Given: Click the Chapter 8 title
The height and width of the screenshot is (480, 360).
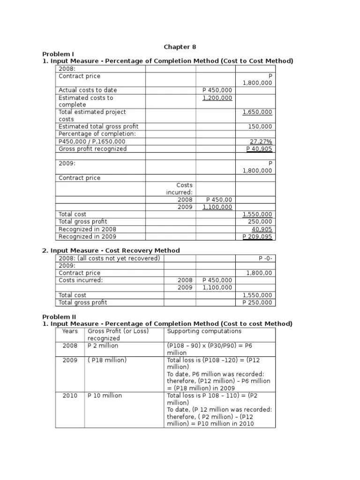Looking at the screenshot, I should click(x=180, y=46).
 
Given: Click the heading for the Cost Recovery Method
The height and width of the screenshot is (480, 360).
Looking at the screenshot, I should click(x=111, y=250).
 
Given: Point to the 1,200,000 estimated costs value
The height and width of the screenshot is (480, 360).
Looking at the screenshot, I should click(x=217, y=98).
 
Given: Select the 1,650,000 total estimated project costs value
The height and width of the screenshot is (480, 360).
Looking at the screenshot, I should click(x=257, y=112).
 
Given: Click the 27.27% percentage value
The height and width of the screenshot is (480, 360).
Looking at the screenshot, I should click(x=261, y=141).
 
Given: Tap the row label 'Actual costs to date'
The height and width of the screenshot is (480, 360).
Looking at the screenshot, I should click(x=88, y=90).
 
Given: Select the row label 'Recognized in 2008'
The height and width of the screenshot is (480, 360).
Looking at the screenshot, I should click(x=87, y=229).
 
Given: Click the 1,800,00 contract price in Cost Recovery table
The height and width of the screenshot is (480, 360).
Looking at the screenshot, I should click(x=259, y=273).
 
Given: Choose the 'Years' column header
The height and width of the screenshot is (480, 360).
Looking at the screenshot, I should click(x=70, y=331).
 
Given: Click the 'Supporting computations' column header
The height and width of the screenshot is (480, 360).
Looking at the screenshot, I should click(x=204, y=331).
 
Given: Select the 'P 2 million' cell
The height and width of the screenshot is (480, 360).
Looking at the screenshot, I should click(x=103, y=345).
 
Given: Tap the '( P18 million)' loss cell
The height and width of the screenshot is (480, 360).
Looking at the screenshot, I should click(x=107, y=360).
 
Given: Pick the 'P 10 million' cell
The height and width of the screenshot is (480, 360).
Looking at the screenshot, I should click(x=105, y=396).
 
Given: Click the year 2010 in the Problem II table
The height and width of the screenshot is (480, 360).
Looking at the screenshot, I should click(x=70, y=396).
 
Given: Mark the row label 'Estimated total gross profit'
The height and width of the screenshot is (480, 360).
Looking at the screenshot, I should click(x=98, y=127).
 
